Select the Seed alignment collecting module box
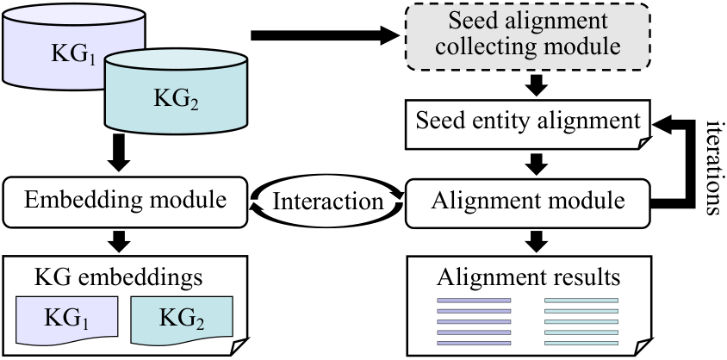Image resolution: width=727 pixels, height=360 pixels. pos(529,37)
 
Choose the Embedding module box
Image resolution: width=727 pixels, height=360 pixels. pos(125,202)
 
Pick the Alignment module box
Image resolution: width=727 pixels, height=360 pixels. pos(529,202)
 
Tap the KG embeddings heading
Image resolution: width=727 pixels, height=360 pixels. pos(119,277)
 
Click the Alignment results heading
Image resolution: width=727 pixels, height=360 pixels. pos(529,277)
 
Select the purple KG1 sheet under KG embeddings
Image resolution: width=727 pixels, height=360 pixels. pos(67,320)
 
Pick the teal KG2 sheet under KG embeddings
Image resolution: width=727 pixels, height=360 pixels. pos(182,320)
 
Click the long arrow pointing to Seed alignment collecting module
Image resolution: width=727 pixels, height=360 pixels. pos(325,35)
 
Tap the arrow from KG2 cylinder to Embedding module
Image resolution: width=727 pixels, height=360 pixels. pos(119,152)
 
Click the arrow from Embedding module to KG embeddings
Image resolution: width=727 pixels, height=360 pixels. pos(119,240)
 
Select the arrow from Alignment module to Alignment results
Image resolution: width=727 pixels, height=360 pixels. pos(536,240)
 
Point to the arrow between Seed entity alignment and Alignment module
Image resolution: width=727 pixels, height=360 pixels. pos(536,163)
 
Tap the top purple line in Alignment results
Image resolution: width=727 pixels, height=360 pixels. pos(474,301)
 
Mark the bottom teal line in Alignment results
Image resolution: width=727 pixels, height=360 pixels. pos(581,344)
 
